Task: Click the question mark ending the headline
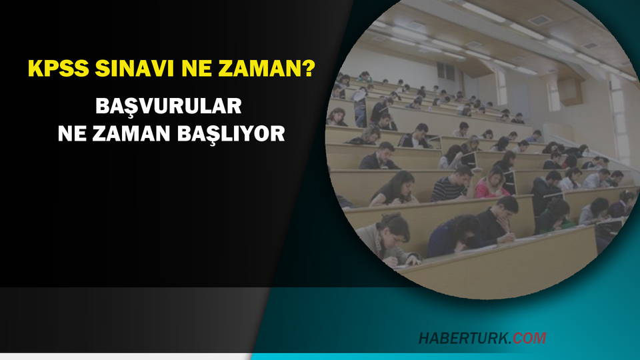[309, 69]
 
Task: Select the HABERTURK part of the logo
[465, 338]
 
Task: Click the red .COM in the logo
[529, 338]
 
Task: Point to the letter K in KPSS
[34, 69]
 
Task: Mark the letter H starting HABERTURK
[424, 338]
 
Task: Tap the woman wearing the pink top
[493, 183]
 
